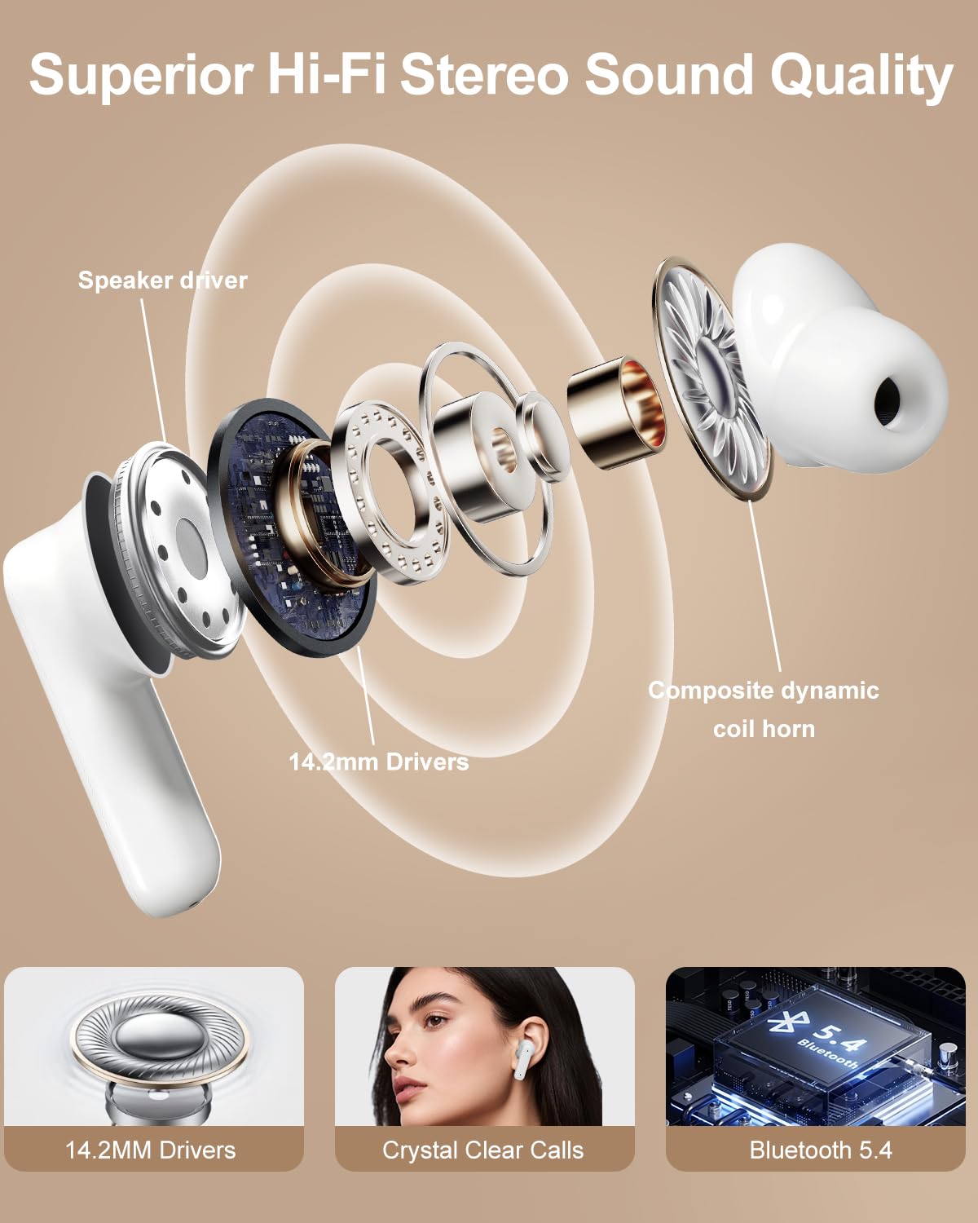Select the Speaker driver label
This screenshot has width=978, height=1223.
(x=162, y=280)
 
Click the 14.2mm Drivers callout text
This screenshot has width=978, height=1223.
(x=379, y=762)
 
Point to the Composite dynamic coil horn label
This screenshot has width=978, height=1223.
(x=764, y=709)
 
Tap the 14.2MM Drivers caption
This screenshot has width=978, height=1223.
(x=151, y=1150)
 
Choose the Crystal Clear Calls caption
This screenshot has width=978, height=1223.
(x=483, y=1150)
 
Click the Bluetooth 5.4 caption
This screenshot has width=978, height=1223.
(x=821, y=1150)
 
